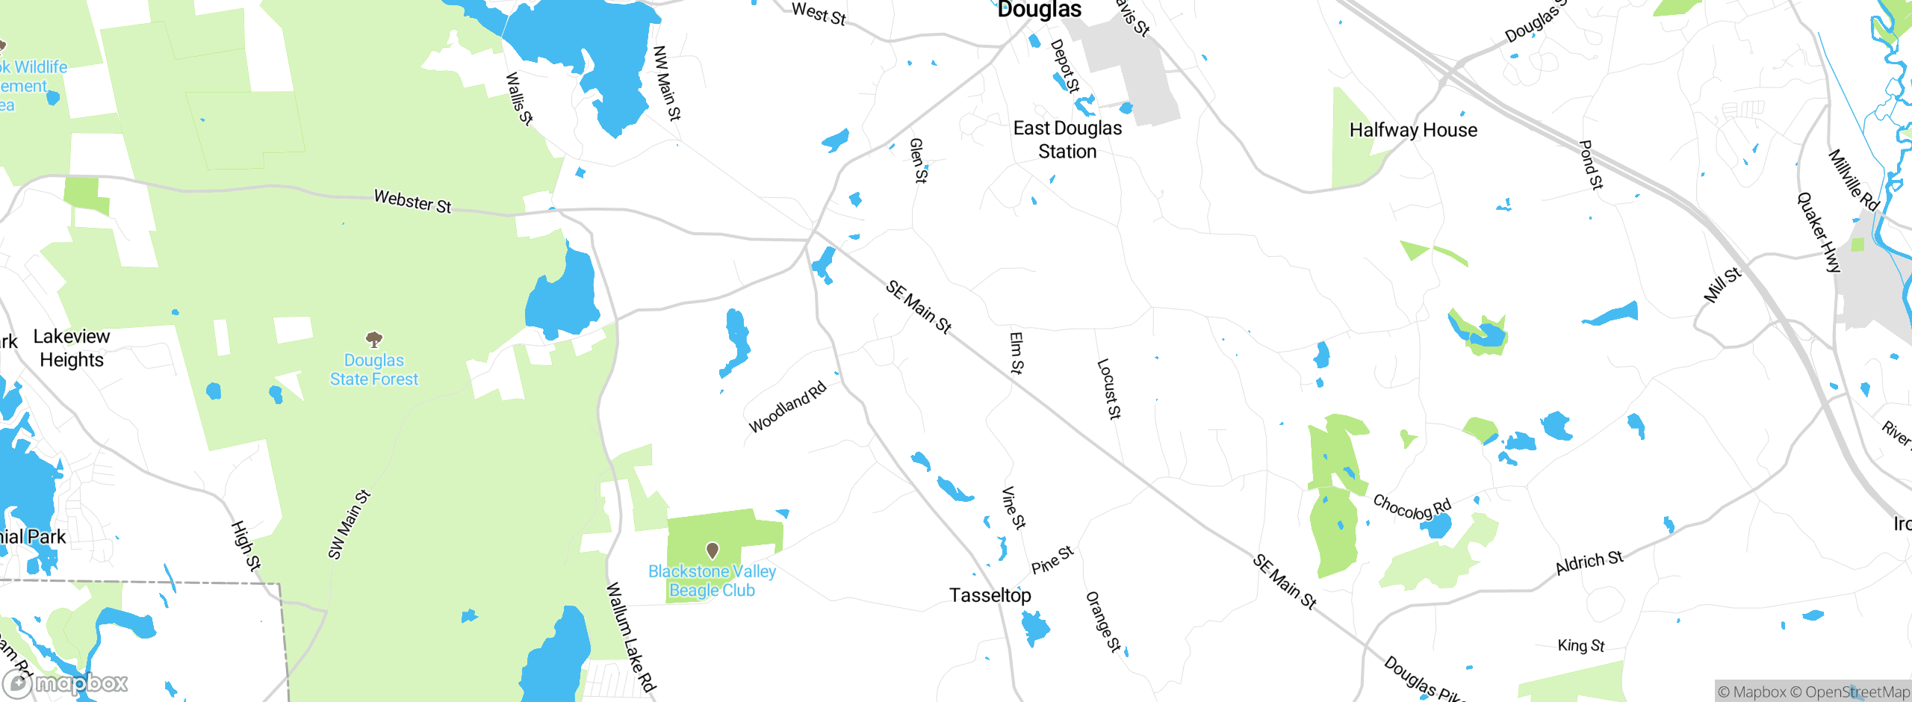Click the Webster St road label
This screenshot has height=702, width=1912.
(x=412, y=201)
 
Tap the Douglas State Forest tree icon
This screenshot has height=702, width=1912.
(x=374, y=341)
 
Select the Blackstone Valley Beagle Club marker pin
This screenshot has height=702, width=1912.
(x=713, y=551)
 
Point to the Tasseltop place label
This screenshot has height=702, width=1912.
(x=990, y=595)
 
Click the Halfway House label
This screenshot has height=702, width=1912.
(x=1413, y=130)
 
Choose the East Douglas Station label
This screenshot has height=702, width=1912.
(x=1067, y=140)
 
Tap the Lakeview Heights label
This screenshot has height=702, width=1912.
(x=72, y=348)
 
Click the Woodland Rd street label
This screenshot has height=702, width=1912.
(x=788, y=406)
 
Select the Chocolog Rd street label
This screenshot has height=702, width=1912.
(x=1412, y=508)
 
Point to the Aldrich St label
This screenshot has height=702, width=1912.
(x=1589, y=562)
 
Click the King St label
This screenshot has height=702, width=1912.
(x=1581, y=645)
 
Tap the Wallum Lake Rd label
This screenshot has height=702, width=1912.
(x=630, y=637)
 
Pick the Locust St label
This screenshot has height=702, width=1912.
(x=1109, y=388)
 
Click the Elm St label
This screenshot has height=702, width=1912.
(x=1016, y=352)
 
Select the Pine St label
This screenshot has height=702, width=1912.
(x=1052, y=560)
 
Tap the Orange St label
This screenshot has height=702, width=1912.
(x=1103, y=621)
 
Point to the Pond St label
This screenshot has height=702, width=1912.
(x=1592, y=164)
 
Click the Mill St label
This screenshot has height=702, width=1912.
(x=1722, y=285)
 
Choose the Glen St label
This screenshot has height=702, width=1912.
(x=918, y=160)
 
